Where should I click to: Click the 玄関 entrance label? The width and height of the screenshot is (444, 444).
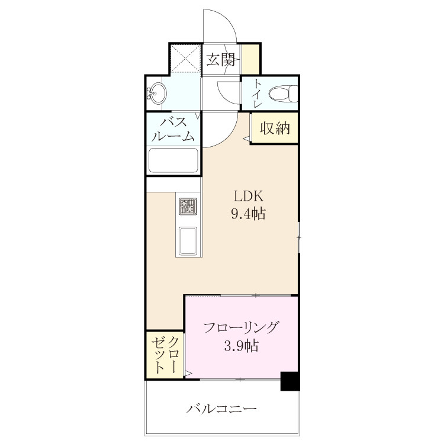click(220, 59)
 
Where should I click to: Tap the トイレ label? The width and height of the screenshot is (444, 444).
click(257, 93)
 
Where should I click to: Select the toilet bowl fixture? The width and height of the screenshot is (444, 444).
click(282, 94)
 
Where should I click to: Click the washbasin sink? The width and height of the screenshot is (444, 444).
click(157, 92)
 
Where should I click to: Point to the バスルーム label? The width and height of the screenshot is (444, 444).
click(173, 129)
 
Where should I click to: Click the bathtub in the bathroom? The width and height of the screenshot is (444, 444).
click(173, 160)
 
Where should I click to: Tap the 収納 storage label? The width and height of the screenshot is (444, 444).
click(275, 128)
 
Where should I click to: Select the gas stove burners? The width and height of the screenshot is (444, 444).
click(188, 206)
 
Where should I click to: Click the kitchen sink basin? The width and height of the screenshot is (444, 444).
click(188, 241)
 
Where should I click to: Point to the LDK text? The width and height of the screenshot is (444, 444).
click(248, 196)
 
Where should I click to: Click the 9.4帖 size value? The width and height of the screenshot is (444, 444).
click(248, 214)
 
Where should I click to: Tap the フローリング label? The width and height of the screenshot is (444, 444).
click(240, 327)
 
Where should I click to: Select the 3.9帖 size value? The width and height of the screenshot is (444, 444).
click(241, 346)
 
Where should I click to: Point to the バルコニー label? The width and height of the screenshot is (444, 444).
click(222, 409)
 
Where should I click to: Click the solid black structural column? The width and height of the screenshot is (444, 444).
click(290, 381)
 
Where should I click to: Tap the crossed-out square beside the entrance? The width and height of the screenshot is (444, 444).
click(186, 59)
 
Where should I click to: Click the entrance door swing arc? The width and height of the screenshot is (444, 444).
click(227, 21)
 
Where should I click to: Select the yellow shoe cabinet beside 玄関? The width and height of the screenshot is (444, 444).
click(250, 59)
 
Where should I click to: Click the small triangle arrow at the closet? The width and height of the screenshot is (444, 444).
click(189, 373)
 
